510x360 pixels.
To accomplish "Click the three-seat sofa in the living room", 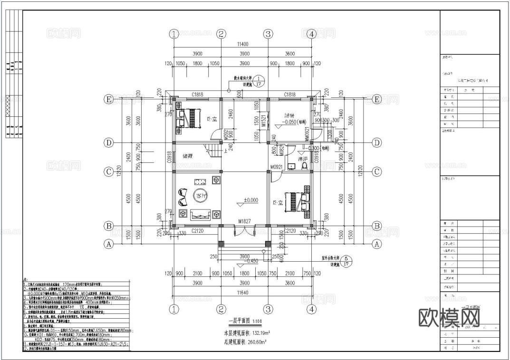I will point(201,215).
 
